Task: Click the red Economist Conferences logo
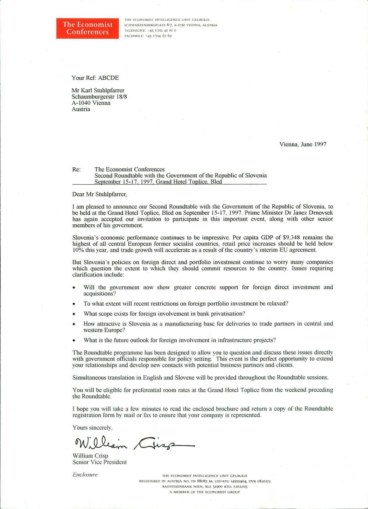(88, 28)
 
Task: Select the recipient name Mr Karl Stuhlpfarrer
(98, 90)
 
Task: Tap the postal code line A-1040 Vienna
(91, 103)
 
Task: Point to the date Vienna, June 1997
(302, 144)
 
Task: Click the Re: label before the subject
(76, 170)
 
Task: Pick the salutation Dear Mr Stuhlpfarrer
(99, 194)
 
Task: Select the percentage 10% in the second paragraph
(79, 250)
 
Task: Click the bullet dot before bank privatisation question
(74, 314)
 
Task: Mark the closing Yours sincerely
(92, 428)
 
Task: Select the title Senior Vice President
(99, 462)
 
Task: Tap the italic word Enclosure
(85, 475)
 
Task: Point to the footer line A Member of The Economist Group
(205, 492)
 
